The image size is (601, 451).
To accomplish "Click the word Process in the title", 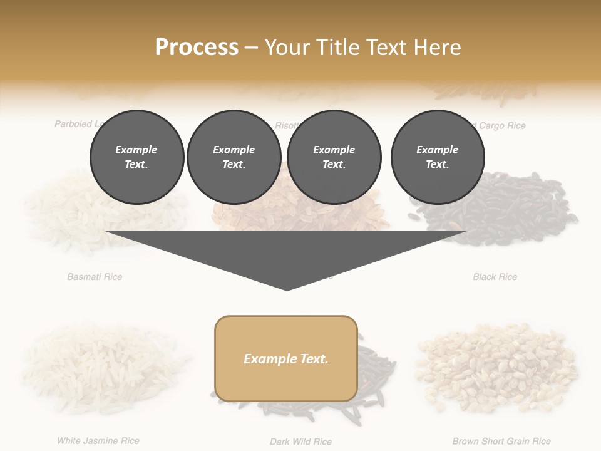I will click(197, 47).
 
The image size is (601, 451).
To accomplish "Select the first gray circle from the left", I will click(136, 157).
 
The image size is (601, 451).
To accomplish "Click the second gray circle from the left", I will click(234, 157).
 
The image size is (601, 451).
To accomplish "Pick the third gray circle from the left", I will click(334, 157).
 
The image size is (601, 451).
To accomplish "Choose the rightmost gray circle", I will click(437, 157).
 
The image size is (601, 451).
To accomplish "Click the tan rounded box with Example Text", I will click(286, 358).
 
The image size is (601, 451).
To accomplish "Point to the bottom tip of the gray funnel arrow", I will click(287, 289).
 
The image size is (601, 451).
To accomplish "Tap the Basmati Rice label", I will click(95, 276).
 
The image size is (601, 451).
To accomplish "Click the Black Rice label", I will click(495, 276).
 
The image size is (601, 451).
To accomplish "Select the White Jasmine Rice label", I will click(98, 441).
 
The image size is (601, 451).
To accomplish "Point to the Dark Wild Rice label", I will click(300, 442).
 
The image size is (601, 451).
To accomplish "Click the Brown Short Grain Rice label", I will click(501, 441).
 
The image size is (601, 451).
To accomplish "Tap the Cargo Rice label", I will click(501, 125).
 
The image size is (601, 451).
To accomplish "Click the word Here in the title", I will click(439, 47).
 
